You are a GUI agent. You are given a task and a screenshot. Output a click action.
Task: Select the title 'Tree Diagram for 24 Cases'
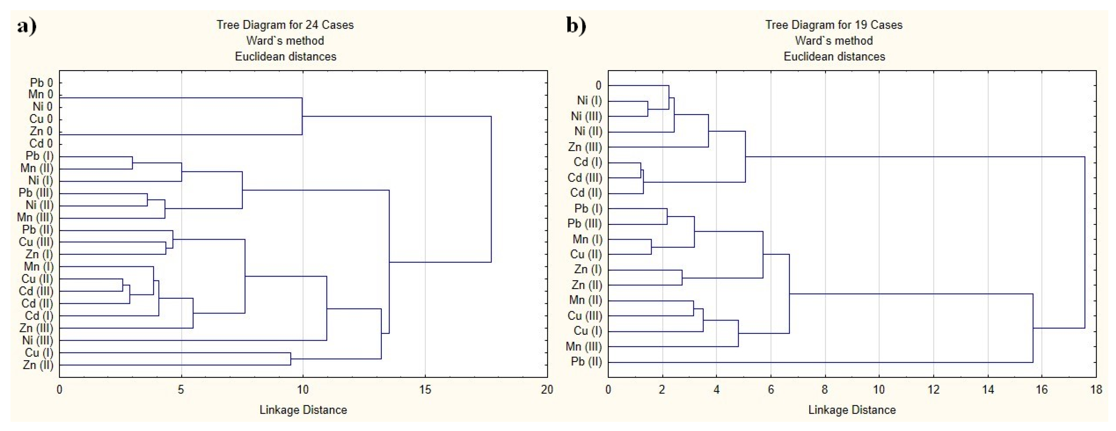(285, 25)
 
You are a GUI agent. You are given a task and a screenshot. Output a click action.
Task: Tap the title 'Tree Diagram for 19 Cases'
(834, 25)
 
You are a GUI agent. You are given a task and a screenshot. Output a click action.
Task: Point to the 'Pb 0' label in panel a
(41, 83)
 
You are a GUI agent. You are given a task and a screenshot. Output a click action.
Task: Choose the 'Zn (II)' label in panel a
(38, 365)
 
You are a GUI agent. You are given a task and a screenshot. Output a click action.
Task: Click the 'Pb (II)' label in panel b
(587, 362)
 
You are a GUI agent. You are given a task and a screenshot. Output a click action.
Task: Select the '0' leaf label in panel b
(598, 86)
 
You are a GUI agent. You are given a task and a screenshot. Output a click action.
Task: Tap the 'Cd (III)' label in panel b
(585, 178)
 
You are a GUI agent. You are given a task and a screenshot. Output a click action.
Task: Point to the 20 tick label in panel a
(547, 390)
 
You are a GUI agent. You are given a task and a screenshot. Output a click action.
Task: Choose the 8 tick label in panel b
(825, 390)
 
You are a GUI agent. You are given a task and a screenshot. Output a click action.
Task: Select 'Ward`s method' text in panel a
(285, 41)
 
